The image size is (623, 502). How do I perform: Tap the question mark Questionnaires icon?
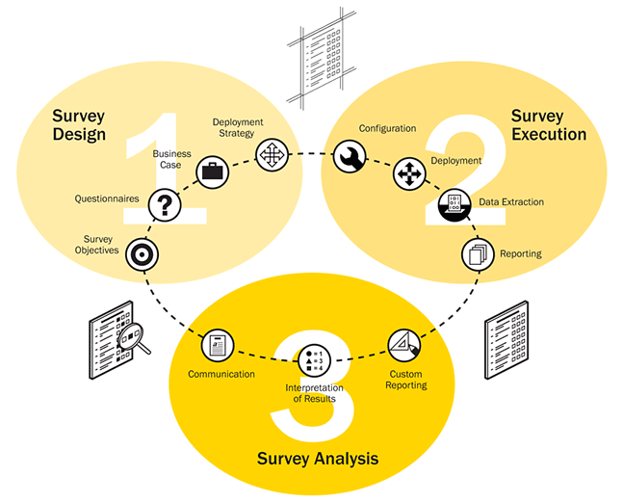pos(167,203)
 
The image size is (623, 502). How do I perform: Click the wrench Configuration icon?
pos(348,156)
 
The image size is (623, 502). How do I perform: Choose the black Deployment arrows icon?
pos(408,174)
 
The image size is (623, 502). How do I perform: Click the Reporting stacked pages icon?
pos(477,253)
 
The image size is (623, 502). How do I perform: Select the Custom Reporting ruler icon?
pos(402,345)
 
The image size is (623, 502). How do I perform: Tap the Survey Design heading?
pos(79,124)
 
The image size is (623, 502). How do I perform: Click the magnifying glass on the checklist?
pos(134,336)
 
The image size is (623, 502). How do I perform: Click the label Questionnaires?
pos(107,199)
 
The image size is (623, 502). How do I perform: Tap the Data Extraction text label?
pos(511,202)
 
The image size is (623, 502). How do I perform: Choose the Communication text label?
pos(221,374)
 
